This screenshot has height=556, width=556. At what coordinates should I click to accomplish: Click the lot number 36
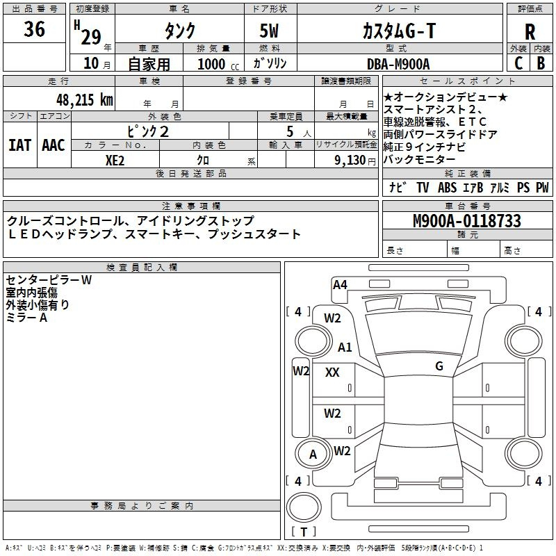pos(34,29)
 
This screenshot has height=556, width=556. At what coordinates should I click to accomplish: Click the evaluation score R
pos(530,31)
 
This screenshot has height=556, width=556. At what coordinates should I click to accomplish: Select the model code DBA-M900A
pos(398,63)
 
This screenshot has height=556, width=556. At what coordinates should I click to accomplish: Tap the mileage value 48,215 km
pos(76,99)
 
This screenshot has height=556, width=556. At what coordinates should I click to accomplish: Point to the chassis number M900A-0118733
pos(466,221)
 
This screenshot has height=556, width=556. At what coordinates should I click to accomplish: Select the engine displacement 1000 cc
pos(213,64)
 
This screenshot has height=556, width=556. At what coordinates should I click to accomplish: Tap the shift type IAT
pos(19,145)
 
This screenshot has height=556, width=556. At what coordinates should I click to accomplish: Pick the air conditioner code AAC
pos(53,145)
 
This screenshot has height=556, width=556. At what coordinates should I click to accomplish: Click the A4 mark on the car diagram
pos(340,284)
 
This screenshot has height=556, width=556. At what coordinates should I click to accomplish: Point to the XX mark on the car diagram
pos(332,373)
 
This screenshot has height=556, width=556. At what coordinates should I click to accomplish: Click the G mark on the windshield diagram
pos(439,366)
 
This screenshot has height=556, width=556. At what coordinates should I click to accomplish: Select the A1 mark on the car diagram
pos(345,347)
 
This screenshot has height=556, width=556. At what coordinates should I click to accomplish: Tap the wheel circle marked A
pos(313,455)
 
